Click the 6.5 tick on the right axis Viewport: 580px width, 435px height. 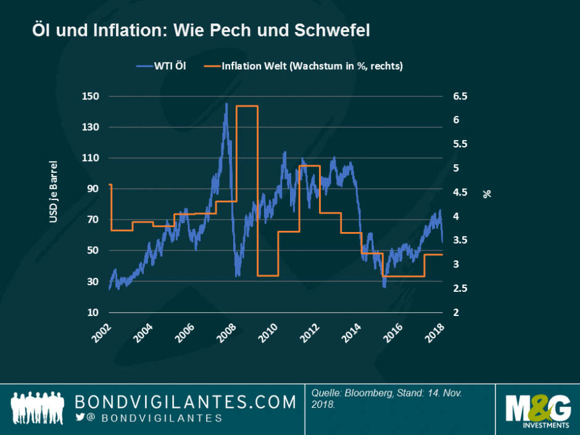pyautogui.click(x=461, y=96)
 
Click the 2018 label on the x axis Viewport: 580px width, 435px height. pyautogui.click(x=436, y=333)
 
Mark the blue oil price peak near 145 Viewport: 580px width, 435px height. pyautogui.click(x=226, y=104)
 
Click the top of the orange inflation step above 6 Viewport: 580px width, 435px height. pyautogui.click(x=247, y=106)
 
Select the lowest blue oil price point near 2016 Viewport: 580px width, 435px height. pyautogui.click(x=384, y=286)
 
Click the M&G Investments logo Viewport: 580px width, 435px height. pyautogui.click(x=537, y=411)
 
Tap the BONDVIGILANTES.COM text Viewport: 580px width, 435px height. pyautogui.click(x=185, y=402)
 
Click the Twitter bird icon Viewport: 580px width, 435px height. pyautogui.click(x=80, y=418)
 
